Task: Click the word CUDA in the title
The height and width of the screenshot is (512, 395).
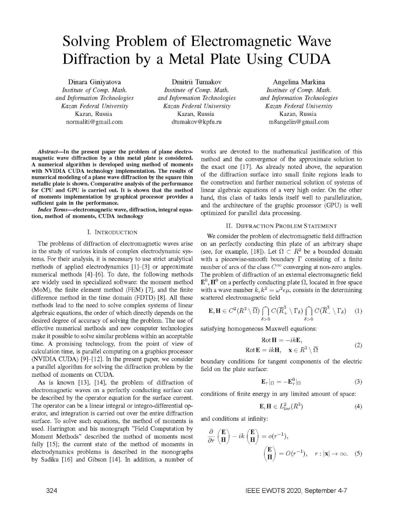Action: coord(309,59)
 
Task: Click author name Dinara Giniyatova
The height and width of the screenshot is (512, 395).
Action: coord(94,82)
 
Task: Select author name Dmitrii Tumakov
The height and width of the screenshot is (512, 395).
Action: coord(197,82)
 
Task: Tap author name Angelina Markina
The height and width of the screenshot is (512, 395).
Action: coord(299,82)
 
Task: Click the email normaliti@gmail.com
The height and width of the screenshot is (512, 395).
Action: coord(94,122)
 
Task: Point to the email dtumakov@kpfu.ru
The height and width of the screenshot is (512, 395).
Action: coord(197,122)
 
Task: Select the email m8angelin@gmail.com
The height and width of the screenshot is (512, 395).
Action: coord(299,122)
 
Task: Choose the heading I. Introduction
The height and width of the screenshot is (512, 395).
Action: coord(112,232)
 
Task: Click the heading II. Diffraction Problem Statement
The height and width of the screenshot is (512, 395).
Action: coord(281,226)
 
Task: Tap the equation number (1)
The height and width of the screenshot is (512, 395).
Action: coord(358,311)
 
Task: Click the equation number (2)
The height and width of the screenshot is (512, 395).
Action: coord(358,345)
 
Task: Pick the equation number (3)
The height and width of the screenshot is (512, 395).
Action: coord(358,382)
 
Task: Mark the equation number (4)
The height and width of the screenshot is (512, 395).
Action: coord(358,407)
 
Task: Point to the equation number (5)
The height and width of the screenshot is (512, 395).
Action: coord(358,453)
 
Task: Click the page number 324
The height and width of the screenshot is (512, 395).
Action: coord(52,491)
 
